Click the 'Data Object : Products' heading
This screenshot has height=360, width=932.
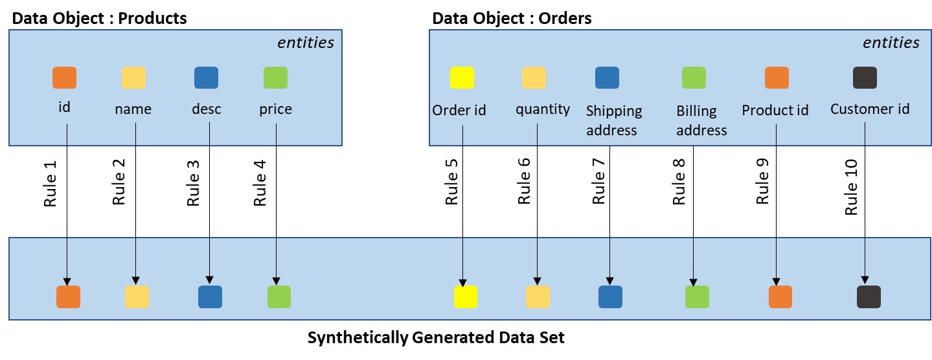pyautogui.click(x=100, y=18)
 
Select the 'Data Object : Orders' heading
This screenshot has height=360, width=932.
pyautogui.click(x=512, y=18)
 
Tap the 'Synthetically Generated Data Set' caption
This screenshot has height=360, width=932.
pyautogui.click(x=436, y=338)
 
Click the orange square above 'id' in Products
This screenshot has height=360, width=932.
pyautogui.click(x=64, y=78)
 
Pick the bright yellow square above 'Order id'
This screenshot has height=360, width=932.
pyautogui.click(x=462, y=78)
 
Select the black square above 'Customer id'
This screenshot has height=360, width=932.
pyautogui.click(x=865, y=78)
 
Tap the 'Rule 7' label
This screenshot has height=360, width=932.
pyautogui.click(x=598, y=185)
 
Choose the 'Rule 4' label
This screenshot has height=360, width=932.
pyautogui.click(x=260, y=185)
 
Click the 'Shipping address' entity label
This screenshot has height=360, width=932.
pyautogui.click(x=613, y=120)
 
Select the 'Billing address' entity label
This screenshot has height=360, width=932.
pyautogui.click(x=701, y=120)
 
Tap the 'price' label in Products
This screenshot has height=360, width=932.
pyautogui.click(x=275, y=109)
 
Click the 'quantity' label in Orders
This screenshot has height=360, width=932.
pyautogui.click(x=543, y=109)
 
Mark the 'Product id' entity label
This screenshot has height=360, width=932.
pyautogui.click(x=775, y=110)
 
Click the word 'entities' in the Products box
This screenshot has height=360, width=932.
pyautogui.click(x=306, y=43)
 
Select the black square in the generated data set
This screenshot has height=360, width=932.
pyautogui.click(x=869, y=297)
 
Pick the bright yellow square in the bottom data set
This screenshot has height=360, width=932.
pyautogui.click(x=465, y=297)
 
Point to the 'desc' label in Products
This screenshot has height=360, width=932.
pyautogui.click(x=207, y=109)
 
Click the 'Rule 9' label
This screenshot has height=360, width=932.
pyautogui.click(x=763, y=185)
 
